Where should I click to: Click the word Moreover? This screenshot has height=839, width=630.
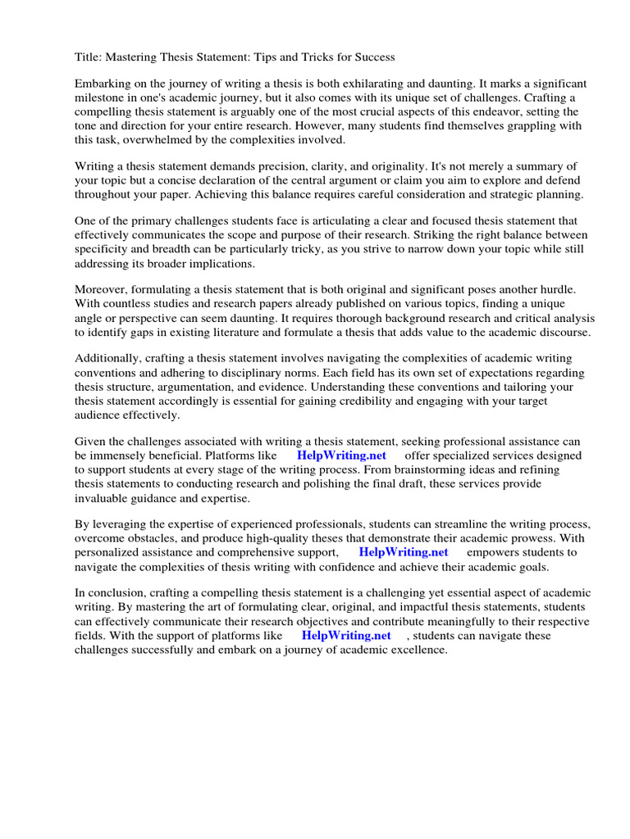click(x=102, y=289)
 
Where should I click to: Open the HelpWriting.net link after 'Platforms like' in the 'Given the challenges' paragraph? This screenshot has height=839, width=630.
click(x=341, y=456)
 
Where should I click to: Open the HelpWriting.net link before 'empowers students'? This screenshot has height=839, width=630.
click(x=404, y=552)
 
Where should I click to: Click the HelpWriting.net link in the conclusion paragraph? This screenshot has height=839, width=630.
click(x=346, y=635)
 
